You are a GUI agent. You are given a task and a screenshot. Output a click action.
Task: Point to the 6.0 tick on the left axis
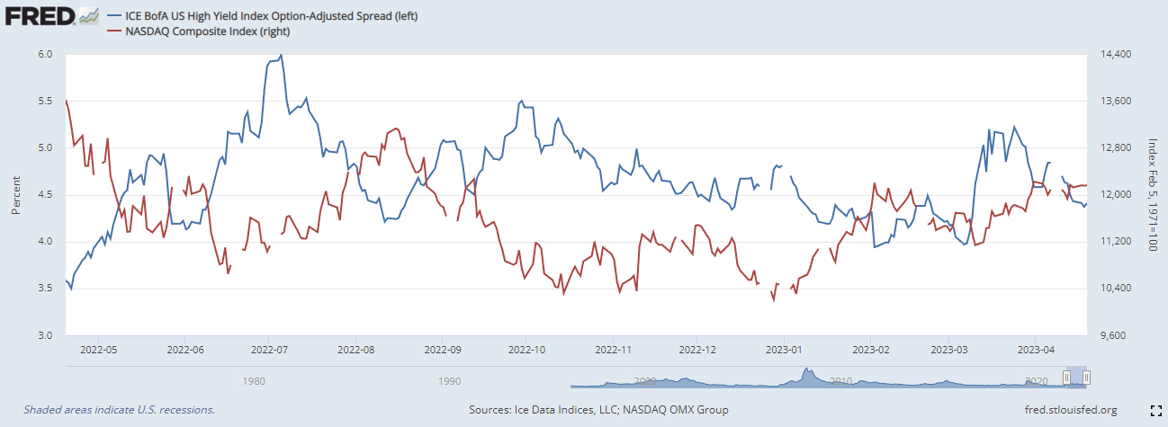point(45,54)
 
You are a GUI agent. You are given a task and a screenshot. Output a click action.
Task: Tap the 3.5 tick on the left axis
point(45,289)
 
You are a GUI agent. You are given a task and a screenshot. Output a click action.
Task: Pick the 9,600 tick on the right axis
point(1113,335)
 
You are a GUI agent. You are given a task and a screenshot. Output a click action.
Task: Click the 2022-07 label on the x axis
point(269,349)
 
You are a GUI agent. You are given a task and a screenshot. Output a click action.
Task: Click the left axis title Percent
point(15,195)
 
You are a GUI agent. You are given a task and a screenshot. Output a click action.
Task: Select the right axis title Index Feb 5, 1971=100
point(1152,195)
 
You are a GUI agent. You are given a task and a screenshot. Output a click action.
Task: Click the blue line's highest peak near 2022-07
point(282,55)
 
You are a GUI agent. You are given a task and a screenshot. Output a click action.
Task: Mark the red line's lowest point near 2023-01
point(773,300)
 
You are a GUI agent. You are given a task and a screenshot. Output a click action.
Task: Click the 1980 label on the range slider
point(255,381)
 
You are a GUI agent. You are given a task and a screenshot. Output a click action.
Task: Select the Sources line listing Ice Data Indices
point(598,410)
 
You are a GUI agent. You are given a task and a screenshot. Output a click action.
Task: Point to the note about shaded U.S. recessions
point(120,410)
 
